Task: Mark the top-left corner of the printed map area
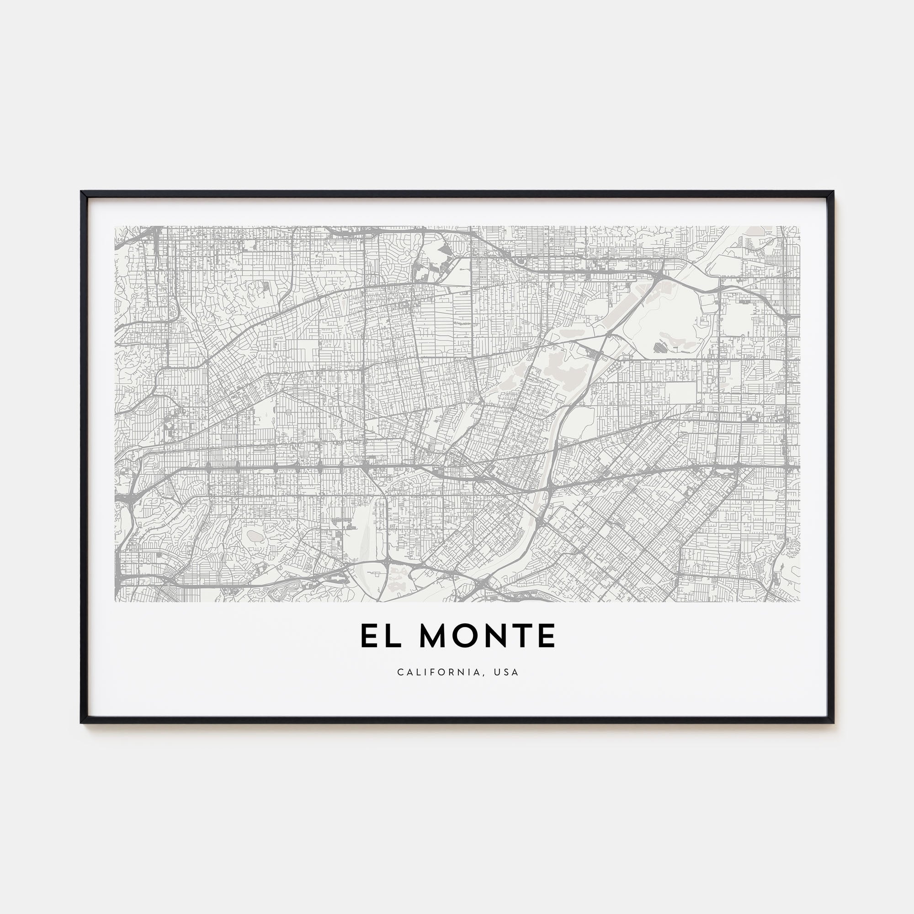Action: [x=115, y=226]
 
